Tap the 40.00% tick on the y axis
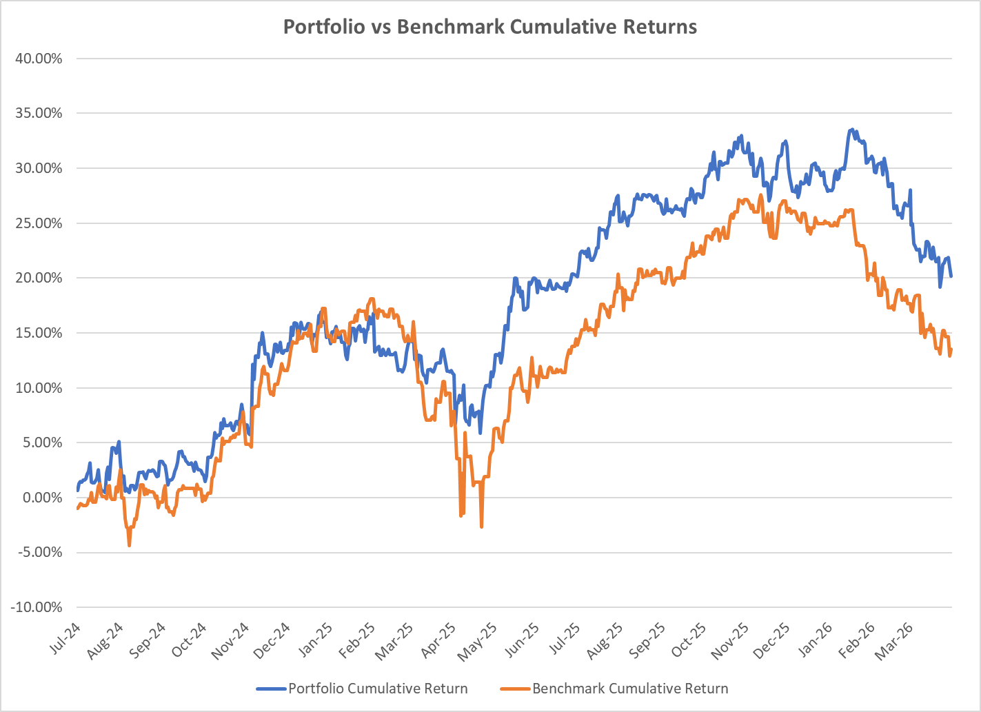click(38, 59)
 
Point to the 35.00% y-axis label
click(38, 113)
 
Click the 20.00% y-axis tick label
click(38, 278)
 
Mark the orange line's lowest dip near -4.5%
click(129, 546)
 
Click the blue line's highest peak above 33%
click(852, 130)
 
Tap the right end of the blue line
click(951, 276)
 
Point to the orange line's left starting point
click(77, 509)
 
